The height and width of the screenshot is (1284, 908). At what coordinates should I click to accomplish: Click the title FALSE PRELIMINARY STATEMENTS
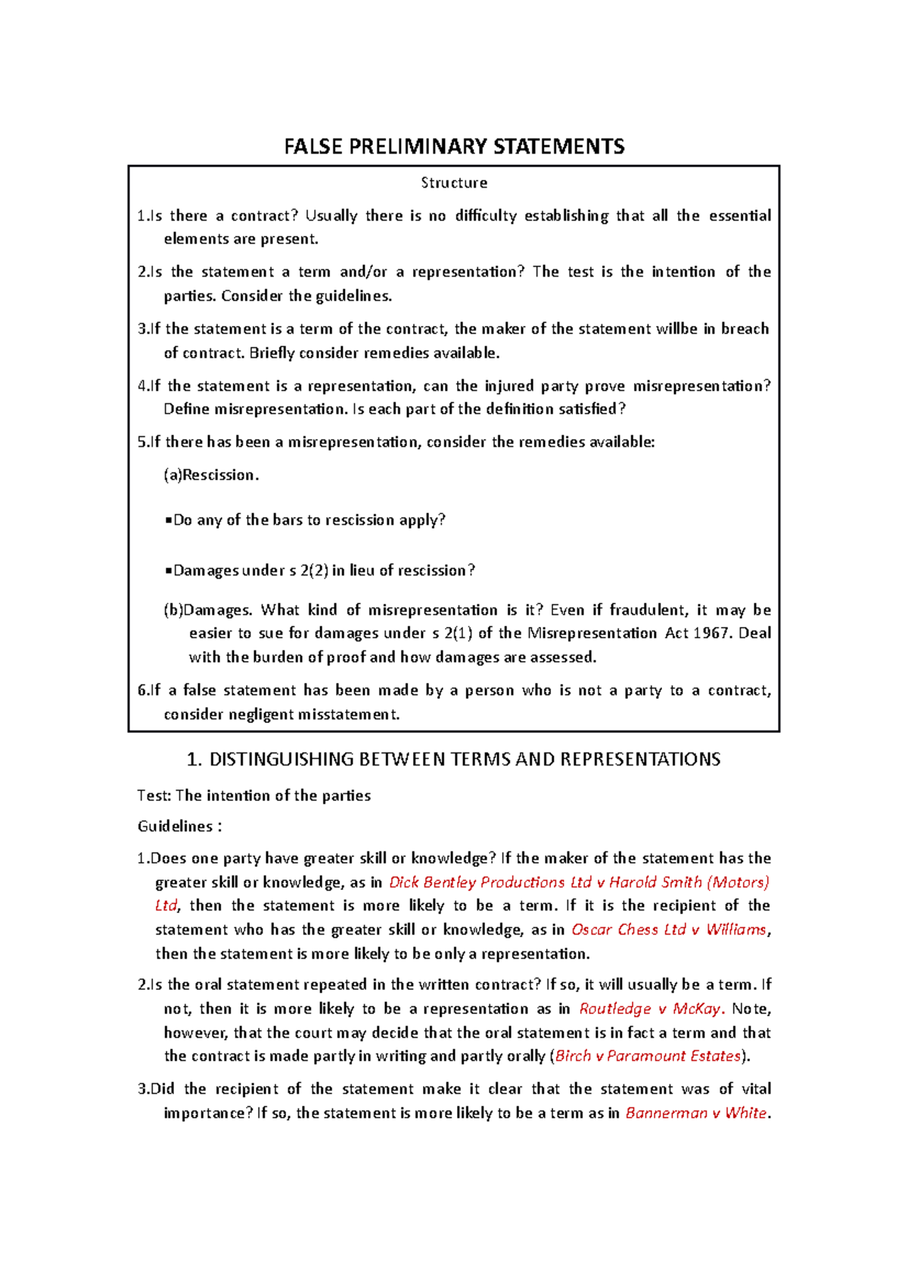click(x=454, y=147)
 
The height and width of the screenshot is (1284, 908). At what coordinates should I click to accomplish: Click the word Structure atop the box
click(x=454, y=183)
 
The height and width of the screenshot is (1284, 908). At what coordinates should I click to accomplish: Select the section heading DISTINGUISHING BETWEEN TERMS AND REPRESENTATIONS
click(x=464, y=759)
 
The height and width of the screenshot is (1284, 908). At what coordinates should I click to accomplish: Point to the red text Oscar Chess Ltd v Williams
click(x=669, y=929)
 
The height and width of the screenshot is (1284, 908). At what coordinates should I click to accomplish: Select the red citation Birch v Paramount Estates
click(x=648, y=1056)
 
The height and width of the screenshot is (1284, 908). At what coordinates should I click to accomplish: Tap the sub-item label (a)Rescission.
click(x=211, y=475)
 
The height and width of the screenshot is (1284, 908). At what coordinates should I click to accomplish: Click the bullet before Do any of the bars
click(x=168, y=520)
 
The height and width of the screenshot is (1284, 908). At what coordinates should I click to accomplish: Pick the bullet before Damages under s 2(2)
click(x=168, y=571)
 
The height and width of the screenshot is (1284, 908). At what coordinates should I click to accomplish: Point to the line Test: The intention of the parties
click(x=253, y=796)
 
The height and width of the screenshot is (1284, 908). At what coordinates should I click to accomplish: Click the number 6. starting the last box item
click(x=143, y=690)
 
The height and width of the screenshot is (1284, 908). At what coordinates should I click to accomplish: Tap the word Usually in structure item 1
click(x=331, y=216)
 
